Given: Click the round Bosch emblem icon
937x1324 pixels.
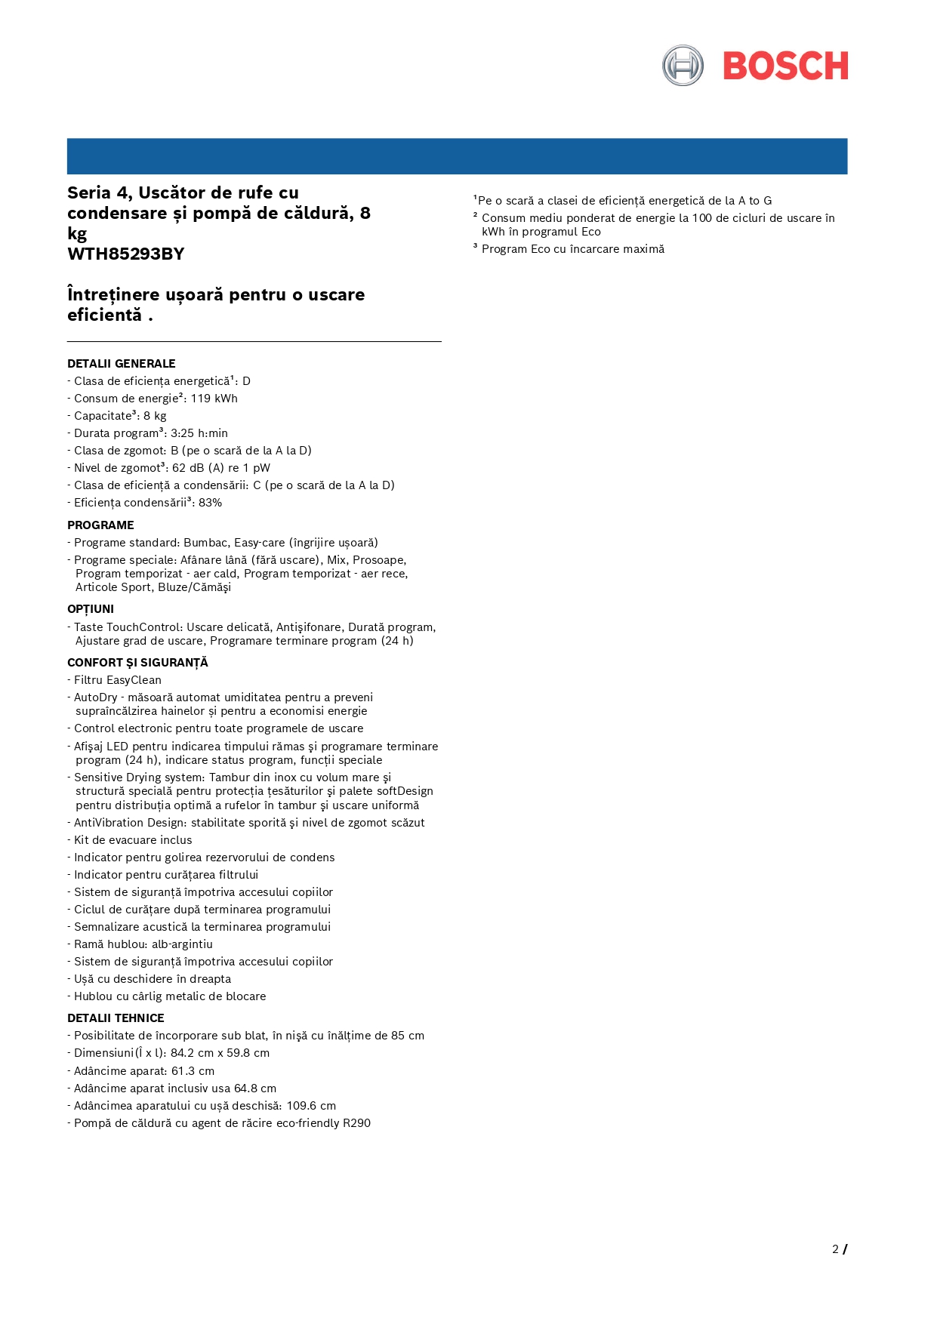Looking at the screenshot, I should [683, 66].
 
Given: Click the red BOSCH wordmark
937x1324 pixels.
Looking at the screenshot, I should [785, 66].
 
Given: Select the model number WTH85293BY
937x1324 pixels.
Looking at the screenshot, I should [125, 254].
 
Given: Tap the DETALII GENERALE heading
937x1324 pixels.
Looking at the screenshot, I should [121, 364].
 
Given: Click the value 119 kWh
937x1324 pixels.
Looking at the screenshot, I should [214, 399].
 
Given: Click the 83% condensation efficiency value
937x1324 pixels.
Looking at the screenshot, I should [210, 503].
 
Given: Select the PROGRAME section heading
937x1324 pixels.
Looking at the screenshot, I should [100, 525].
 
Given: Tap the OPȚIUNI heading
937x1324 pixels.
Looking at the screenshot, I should [91, 609].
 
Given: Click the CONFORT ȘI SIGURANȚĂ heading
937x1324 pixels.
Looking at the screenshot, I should [137, 663].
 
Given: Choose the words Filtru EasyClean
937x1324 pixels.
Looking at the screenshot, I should [118, 680].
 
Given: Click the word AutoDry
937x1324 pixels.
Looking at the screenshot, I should [95, 697].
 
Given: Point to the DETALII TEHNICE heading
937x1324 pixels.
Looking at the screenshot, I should [116, 1018].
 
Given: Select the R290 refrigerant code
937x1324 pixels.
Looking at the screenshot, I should [356, 1123].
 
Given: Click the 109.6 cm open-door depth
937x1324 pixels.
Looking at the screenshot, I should [311, 1106].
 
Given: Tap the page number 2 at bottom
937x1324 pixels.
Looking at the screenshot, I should [835, 1249].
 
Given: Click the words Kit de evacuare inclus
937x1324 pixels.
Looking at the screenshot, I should [133, 840].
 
